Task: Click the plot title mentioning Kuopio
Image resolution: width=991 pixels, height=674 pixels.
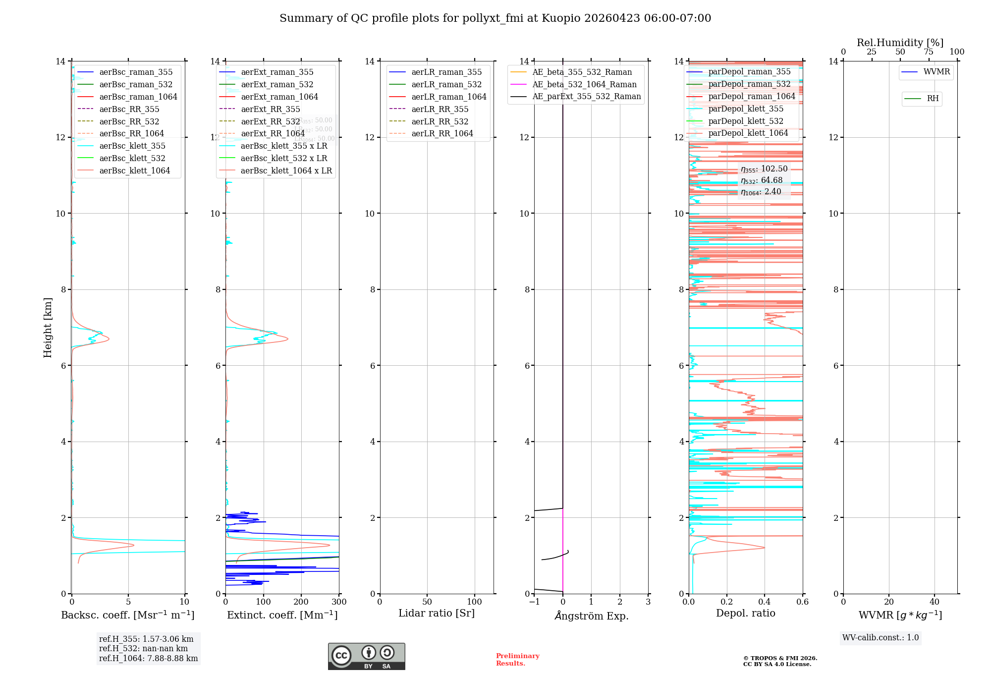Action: pyautogui.click(x=495, y=18)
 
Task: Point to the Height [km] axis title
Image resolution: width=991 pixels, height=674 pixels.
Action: pyautogui.click(x=48, y=327)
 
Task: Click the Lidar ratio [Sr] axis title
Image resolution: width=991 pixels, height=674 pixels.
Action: pyautogui.click(x=437, y=613)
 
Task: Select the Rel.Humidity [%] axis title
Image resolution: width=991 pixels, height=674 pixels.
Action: pyautogui.click(x=900, y=43)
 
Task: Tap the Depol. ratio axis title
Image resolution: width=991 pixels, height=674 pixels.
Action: pyautogui.click(x=745, y=613)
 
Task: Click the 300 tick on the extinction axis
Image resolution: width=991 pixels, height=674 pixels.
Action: pyautogui.click(x=339, y=602)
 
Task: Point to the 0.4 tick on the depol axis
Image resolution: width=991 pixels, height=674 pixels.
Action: pyautogui.click(x=765, y=602)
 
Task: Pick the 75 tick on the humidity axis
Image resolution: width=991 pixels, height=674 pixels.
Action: pyautogui.click(x=929, y=52)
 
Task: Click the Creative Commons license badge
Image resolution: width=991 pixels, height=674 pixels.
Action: pyautogui.click(x=366, y=656)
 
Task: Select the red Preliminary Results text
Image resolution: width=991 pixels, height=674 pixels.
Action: pyautogui.click(x=517, y=659)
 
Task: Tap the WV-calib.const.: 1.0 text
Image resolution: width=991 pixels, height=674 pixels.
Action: pyautogui.click(x=880, y=638)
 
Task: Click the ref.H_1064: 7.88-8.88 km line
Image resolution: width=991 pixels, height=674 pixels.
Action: pyautogui.click(x=148, y=659)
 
